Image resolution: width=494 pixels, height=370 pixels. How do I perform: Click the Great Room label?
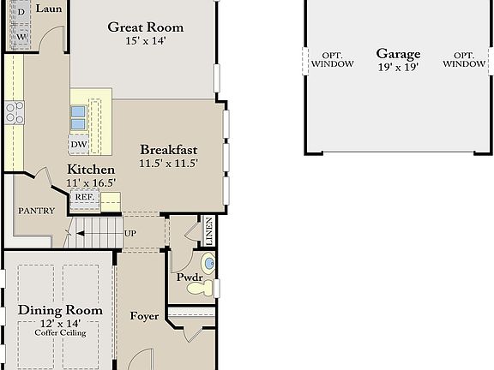145,27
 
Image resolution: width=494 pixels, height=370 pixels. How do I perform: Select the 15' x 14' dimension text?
145,41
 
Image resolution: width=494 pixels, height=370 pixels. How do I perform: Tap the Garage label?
398,53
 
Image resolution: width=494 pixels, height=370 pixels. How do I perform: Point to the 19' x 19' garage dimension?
398,68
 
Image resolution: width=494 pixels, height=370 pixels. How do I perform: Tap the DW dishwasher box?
79,143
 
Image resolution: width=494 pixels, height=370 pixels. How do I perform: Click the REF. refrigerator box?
84,197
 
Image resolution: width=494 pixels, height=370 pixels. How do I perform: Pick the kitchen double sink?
79,115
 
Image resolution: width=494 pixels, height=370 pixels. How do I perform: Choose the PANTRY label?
36,211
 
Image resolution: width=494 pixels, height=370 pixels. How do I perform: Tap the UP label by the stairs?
130,233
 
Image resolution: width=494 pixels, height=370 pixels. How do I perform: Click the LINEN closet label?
208,230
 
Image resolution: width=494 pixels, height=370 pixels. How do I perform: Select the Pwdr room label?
189,278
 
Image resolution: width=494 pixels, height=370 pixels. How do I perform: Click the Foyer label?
144,316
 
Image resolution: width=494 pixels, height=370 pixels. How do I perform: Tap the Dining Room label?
60,310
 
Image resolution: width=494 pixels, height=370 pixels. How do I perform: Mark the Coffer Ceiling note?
58,331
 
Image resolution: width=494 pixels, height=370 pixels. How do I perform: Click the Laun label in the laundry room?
48,9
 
